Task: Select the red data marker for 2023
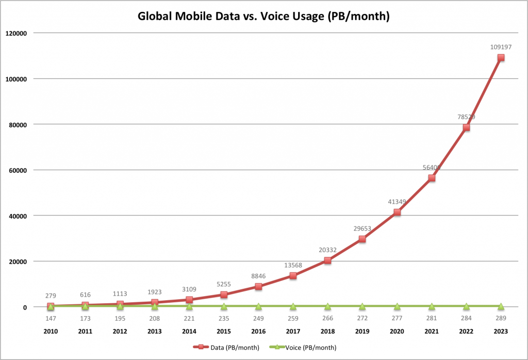point(501,58)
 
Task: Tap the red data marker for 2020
point(397,212)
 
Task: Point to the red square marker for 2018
point(327,260)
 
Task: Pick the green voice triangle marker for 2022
point(466,306)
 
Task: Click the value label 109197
point(501,47)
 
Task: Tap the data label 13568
point(293,265)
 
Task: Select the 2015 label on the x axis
point(224,332)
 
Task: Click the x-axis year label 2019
point(362,332)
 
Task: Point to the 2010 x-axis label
point(51,332)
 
